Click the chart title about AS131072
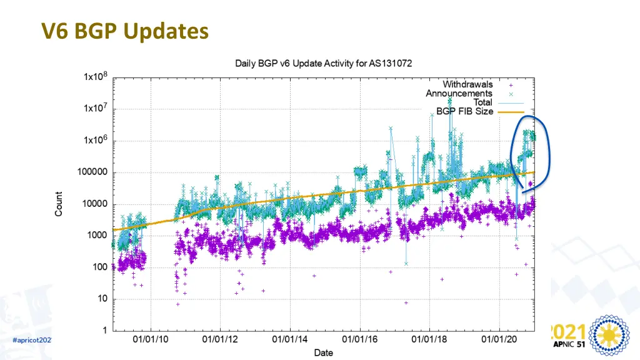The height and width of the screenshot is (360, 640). [x=323, y=63]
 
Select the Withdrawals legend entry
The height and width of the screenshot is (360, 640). [x=467, y=84]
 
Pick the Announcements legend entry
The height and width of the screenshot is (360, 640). [x=459, y=93]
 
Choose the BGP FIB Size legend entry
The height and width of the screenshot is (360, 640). [x=469, y=111]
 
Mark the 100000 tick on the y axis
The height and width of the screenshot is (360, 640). [x=92, y=172]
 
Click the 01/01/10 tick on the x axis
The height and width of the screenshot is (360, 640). [x=151, y=341]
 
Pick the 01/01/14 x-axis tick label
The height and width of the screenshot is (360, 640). [x=290, y=341]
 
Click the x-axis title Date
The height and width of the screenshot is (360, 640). [x=323, y=352]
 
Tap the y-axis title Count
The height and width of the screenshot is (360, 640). [x=59, y=204]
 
